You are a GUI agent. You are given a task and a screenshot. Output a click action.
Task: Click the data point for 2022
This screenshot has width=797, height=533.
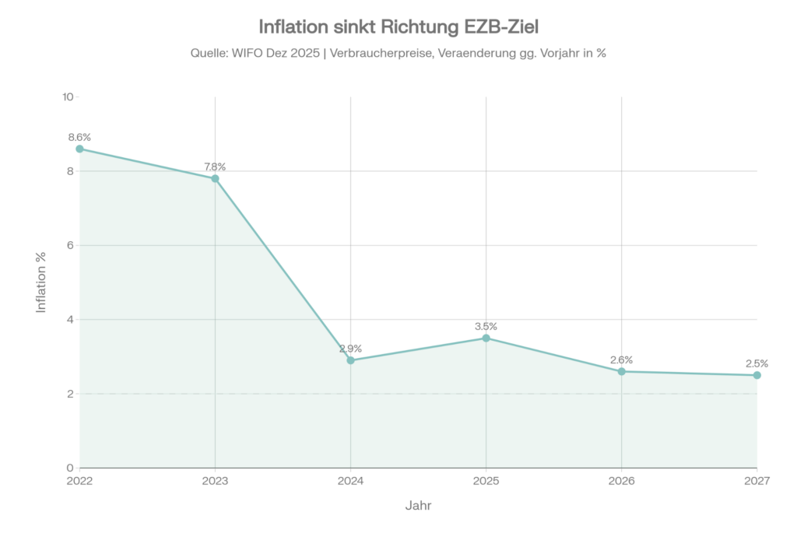tap(79, 149)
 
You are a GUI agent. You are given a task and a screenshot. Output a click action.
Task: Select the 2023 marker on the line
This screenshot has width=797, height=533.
tap(215, 178)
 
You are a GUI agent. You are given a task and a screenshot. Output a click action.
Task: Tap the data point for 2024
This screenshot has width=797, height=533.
tap(350, 360)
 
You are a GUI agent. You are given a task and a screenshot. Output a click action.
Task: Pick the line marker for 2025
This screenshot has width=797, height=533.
tap(486, 338)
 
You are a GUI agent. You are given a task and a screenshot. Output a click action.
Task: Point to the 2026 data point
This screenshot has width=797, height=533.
tap(621, 371)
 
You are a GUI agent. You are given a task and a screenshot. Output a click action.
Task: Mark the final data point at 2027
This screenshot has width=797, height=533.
tap(757, 375)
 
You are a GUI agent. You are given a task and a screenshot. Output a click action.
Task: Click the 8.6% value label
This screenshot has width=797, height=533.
tap(79, 137)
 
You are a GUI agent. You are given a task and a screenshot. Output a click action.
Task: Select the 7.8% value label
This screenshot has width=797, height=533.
tap(215, 167)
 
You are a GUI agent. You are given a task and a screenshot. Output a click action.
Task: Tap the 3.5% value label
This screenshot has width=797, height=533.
tap(486, 326)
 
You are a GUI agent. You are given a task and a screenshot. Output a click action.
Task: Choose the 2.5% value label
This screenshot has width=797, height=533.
tap(757, 363)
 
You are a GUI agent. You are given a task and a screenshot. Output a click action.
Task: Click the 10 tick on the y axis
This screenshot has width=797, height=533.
tap(68, 97)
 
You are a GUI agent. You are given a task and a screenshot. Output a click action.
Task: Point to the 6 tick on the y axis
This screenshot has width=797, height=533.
tap(70, 246)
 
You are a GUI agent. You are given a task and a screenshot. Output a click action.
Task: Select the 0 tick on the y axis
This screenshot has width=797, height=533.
tap(70, 468)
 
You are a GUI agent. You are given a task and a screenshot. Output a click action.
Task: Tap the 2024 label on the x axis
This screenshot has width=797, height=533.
tap(350, 482)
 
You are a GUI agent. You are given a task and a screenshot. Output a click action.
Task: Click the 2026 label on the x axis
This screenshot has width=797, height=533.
tap(621, 482)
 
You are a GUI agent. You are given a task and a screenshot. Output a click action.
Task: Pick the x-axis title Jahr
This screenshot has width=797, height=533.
tap(418, 506)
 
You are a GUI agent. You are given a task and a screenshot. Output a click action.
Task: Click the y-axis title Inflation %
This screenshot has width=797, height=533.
tap(42, 282)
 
